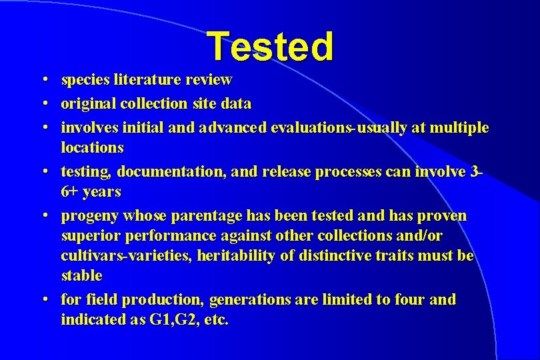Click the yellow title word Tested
(x=269, y=47)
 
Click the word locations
(x=92, y=147)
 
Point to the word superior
(x=86, y=236)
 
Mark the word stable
(x=81, y=275)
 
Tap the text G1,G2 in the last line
(x=172, y=320)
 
